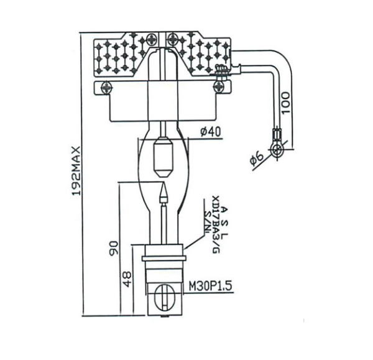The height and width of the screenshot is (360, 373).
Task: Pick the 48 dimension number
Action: pyautogui.click(x=127, y=277)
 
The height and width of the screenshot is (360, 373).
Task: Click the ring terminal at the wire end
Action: pyautogui.click(x=277, y=148)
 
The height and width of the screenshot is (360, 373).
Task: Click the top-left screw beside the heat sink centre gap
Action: pyautogui.click(x=152, y=38)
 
